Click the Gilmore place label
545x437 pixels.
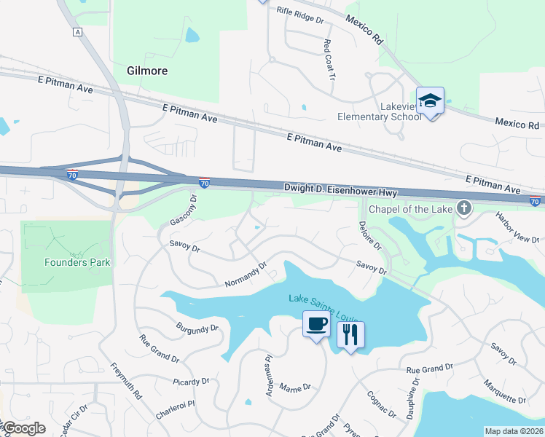(x=147, y=71)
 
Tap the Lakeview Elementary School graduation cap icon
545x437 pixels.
(x=430, y=101)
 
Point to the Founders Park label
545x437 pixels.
(x=77, y=262)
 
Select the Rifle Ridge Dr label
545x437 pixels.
(x=299, y=15)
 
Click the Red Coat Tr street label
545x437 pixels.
(x=329, y=60)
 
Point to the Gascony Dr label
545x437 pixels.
(x=184, y=210)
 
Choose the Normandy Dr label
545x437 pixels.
(x=246, y=275)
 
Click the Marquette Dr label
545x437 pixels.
(x=504, y=391)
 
